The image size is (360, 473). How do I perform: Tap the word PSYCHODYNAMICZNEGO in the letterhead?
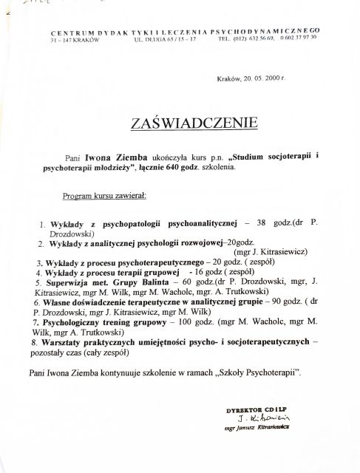pyautogui.click(x=278, y=30)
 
